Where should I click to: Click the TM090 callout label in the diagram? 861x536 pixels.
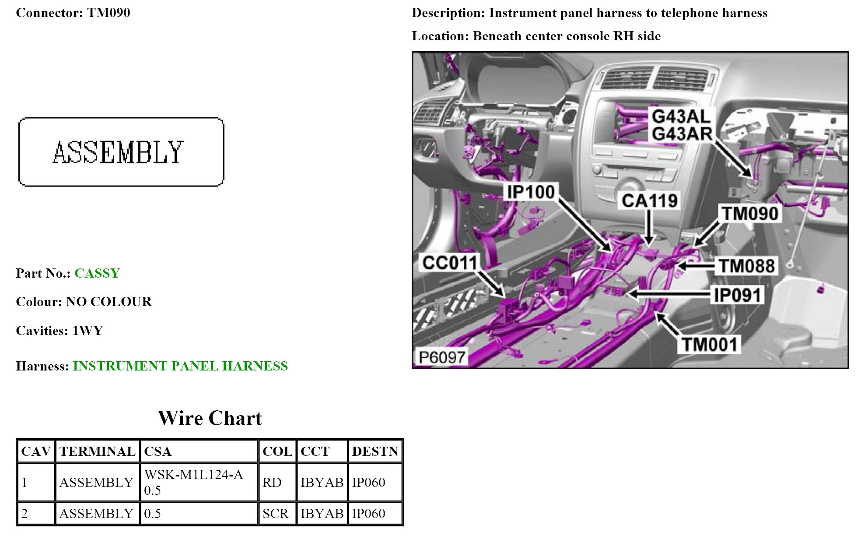point(750,214)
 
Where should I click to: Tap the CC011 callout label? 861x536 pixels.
point(449,263)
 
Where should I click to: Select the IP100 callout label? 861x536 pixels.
point(530,192)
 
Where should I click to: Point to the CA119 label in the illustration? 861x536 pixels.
point(649,201)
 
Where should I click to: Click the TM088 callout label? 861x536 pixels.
point(746,266)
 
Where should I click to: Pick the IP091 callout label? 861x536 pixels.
point(738,295)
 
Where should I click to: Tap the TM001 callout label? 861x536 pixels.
point(710,345)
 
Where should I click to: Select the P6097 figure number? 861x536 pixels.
point(441,357)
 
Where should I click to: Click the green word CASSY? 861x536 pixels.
point(97,273)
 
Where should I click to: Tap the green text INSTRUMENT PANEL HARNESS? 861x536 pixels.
point(180,366)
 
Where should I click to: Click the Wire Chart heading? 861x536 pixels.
point(210,418)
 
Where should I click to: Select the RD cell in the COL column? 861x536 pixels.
point(272,482)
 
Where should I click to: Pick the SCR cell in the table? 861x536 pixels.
point(275,513)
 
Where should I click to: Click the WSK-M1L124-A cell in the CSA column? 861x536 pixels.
point(193,475)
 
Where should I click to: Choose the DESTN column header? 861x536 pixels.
point(374,451)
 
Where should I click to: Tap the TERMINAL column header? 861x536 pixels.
point(97,451)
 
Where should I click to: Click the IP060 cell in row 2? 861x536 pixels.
point(368,513)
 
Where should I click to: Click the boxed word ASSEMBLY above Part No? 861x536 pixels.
point(119,152)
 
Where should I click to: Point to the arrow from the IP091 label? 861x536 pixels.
point(669,294)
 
